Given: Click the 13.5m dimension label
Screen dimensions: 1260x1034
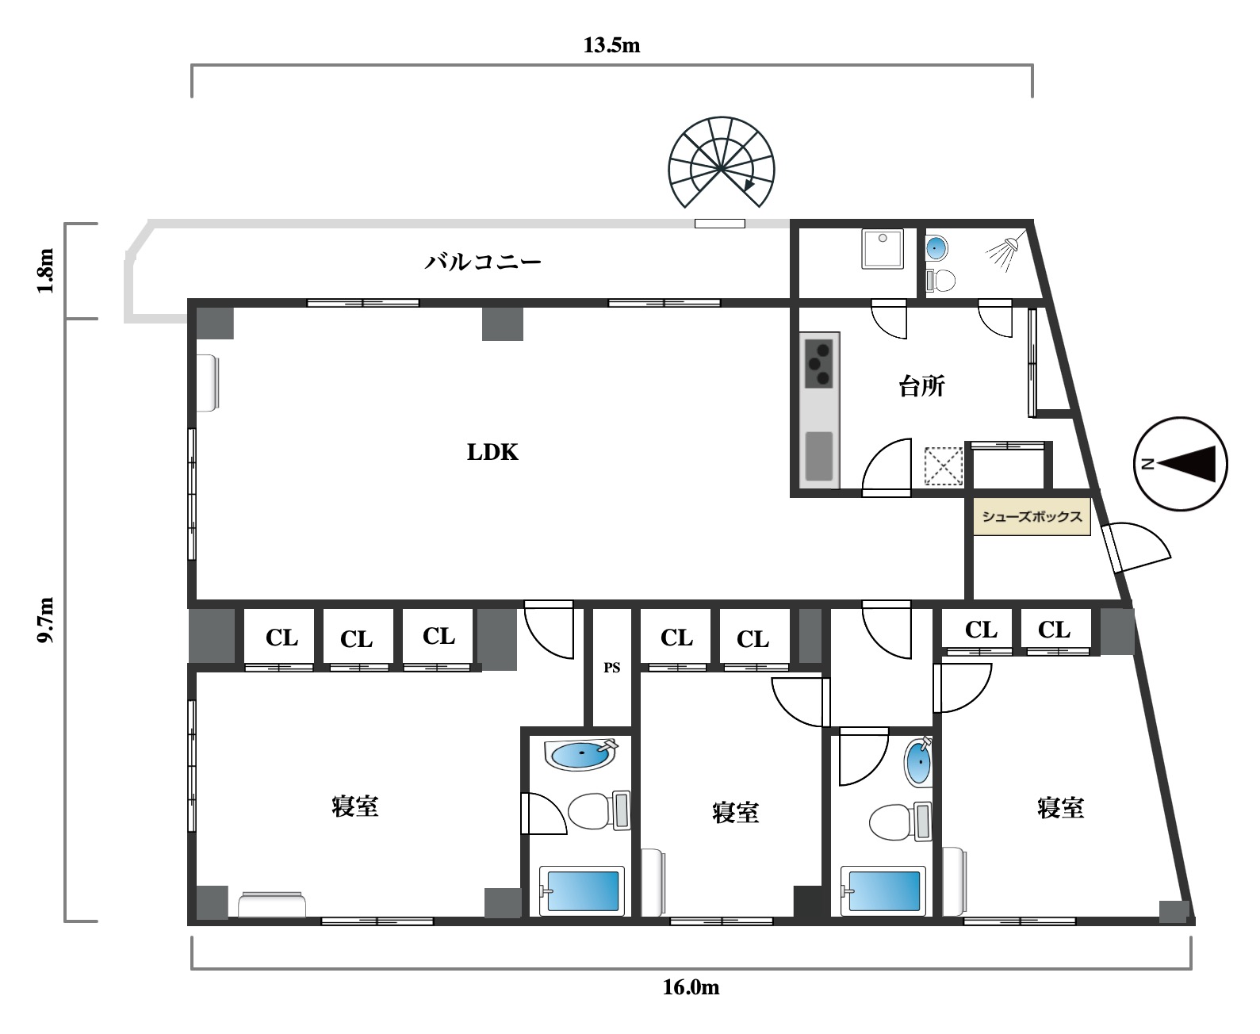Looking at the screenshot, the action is tap(611, 45).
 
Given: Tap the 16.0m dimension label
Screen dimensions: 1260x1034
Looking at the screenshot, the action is tap(691, 987).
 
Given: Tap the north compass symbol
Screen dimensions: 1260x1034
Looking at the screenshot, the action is tap(1180, 464).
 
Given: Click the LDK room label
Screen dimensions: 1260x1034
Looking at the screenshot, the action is tap(492, 452).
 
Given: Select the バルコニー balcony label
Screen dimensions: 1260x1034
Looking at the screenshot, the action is tap(483, 262).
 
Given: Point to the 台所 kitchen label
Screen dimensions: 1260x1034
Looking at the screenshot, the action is tap(921, 386).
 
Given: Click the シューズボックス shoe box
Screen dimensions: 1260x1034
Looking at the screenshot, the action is tap(1032, 516).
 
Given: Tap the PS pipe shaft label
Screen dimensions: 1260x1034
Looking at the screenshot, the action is tap(611, 667).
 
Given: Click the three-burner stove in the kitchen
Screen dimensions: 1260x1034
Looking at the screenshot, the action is tap(818, 363).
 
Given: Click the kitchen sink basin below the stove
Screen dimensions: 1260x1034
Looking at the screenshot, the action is tap(818, 456).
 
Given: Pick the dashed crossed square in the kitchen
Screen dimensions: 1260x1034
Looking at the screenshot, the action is tap(944, 466).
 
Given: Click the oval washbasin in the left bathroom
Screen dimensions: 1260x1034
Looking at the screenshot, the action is tap(580, 754).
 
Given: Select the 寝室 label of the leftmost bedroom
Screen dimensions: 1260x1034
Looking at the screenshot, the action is tap(355, 806).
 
